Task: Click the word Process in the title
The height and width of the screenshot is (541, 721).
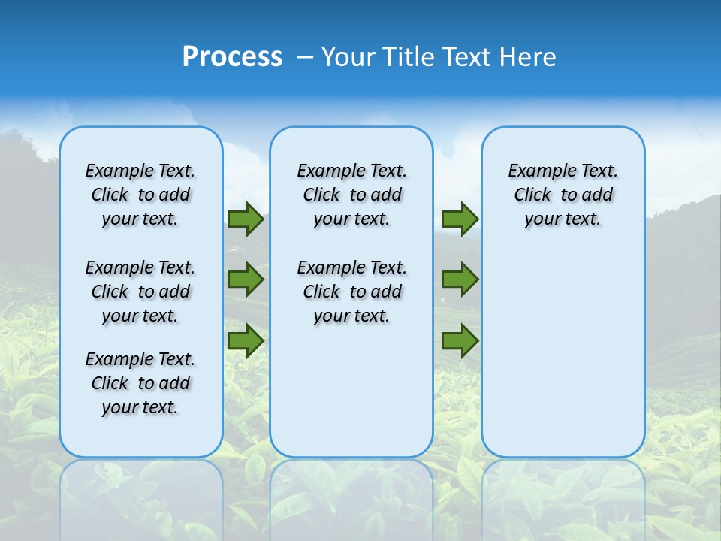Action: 232,57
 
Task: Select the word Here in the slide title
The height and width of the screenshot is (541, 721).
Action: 528,57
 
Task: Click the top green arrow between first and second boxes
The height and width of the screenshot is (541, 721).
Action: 246,219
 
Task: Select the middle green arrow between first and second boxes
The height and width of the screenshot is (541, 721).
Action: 246,280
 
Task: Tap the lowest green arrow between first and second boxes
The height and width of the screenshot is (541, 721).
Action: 246,341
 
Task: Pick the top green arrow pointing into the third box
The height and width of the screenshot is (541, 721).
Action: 460,219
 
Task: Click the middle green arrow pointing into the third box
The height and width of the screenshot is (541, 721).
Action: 460,280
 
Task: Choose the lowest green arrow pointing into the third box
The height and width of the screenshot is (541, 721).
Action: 460,341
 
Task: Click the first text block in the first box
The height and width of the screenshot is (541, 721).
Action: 140,195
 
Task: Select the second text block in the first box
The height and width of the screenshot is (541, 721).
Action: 140,292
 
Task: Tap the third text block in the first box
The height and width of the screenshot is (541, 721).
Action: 140,383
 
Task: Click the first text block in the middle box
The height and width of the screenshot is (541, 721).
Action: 351,195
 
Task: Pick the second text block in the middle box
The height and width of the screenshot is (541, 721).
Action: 351,292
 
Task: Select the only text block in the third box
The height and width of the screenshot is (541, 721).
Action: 563,195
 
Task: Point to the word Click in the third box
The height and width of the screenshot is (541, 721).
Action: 532,195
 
